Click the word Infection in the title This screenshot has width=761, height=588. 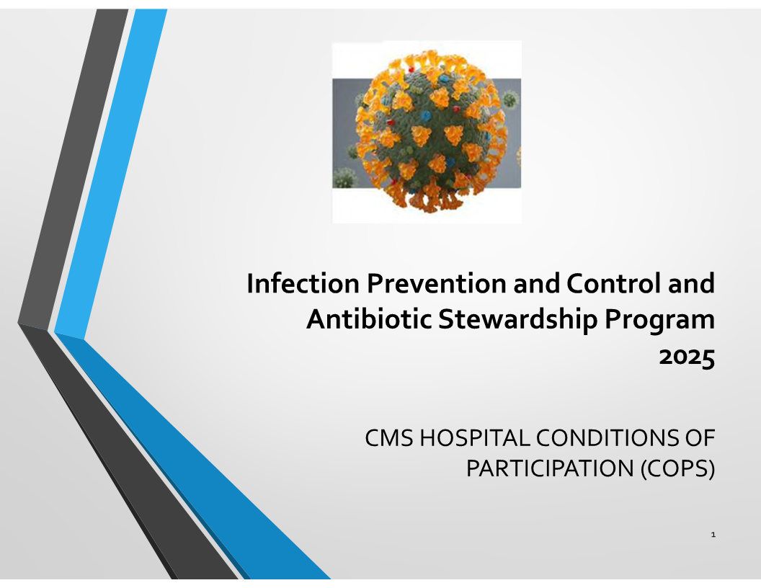[x=303, y=283]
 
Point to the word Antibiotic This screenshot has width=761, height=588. [x=369, y=319]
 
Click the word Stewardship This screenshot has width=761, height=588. [x=517, y=320]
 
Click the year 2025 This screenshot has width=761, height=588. [x=687, y=357]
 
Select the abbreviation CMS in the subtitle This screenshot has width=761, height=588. [x=388, y=438]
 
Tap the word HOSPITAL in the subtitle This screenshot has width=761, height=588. [x=475, y=438]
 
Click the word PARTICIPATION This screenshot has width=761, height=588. [x=550, y=468]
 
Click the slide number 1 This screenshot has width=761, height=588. [x=713, y=535]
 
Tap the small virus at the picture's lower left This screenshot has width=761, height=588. [x=344, y=177]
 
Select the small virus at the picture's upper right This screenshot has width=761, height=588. [x=510, y=100]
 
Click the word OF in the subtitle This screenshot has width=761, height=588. [x=700, y=438]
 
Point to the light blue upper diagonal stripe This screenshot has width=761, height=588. [x=111, y=174]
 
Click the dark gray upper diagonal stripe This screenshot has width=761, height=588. [x=73, y=169]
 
